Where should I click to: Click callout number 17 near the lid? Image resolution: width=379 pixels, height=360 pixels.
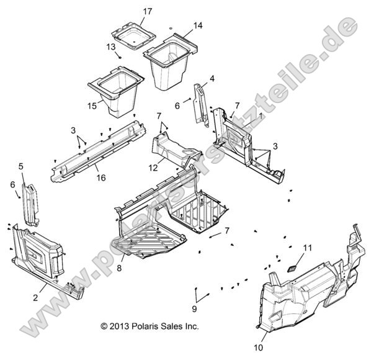(x=147, y=11)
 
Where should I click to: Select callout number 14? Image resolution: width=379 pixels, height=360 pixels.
(x=197, y=25)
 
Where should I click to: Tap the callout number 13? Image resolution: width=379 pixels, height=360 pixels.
(x=110, y=47)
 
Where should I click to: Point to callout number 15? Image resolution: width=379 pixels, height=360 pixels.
(x=92, y=106)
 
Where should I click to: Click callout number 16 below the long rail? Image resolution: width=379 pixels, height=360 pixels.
(x=100, y=178)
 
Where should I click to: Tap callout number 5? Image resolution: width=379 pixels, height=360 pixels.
(x=21, y=166)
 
